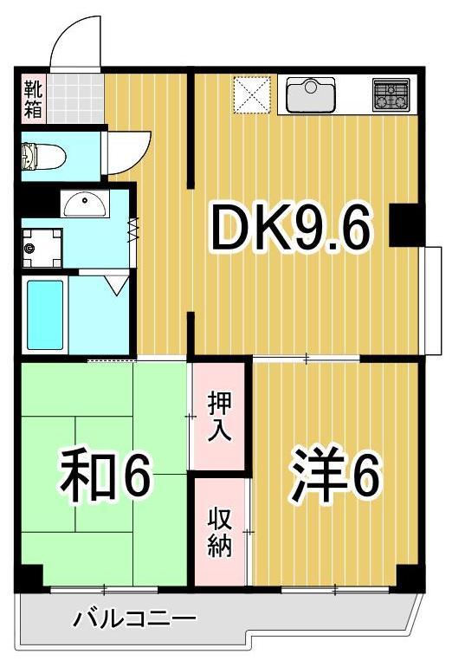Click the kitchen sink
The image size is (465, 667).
(310, 94)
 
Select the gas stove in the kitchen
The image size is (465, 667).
(392, 94)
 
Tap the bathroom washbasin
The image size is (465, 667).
(84, 204)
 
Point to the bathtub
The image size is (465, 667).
(44, 314)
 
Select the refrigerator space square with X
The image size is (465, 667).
(253, 94)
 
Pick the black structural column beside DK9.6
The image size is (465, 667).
(405, 225)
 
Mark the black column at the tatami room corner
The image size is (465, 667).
(29, 575)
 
